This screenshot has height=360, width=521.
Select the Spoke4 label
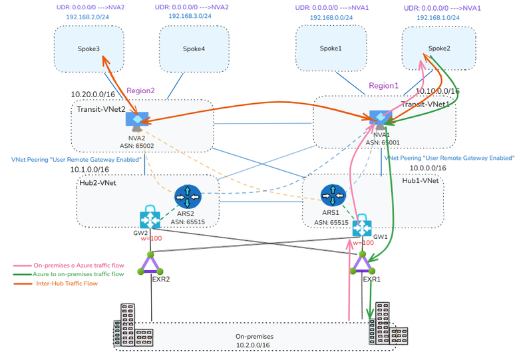(x=194, y=49)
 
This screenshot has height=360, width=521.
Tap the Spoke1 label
(x=330, y=49)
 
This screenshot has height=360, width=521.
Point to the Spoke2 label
(x=439, y=48)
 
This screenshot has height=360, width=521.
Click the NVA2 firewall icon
(x=136, y=120)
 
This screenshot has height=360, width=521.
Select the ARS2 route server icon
(x=188, y=198)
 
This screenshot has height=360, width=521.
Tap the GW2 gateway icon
(x=150, y=219)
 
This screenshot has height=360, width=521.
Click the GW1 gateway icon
(x=362, y=226)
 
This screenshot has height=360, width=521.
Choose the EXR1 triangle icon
(x=362, y=265)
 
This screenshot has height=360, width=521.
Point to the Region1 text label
(x=384, y=86)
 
